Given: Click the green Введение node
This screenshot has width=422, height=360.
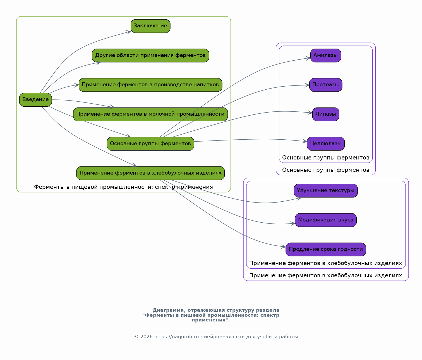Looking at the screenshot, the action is [x=35, y=100].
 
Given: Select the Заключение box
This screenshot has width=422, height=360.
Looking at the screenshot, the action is [x=150, y=26].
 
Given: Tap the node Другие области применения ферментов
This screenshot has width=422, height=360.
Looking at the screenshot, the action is [x=150, y=55].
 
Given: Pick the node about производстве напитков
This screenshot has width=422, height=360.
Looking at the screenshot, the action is [x=150, y=85].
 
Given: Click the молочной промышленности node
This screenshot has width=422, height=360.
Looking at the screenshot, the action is [x=150, y=114].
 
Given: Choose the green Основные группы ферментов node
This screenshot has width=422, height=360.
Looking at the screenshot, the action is [x=150, y=144].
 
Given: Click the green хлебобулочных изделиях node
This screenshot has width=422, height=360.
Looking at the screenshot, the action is [x=150, y=173].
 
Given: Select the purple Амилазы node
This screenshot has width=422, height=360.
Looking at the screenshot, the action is [x=326, y=55].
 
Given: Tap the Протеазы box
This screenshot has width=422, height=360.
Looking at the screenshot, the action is [x=326, y=85].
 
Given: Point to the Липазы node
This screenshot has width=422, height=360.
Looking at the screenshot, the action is [x=326, y=114].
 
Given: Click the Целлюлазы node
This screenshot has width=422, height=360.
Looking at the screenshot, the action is [x=326, y=144].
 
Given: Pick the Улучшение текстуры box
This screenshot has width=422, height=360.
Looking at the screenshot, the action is [x=326, y=191].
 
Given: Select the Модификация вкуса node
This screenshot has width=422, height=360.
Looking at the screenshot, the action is [x=326, y=220].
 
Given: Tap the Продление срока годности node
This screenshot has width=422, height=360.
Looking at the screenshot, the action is [x=326, y=249].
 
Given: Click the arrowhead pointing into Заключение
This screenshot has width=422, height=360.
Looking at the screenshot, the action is [x=129, y=32].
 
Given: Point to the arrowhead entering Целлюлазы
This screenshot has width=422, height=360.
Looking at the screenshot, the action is [x=304, y=141].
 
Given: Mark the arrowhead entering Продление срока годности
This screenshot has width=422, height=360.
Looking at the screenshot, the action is [x=283, y=247].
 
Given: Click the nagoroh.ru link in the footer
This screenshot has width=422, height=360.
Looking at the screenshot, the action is [x=176, y=337].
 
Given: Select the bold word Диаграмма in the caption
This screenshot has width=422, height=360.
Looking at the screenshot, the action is [x=168, y=310].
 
